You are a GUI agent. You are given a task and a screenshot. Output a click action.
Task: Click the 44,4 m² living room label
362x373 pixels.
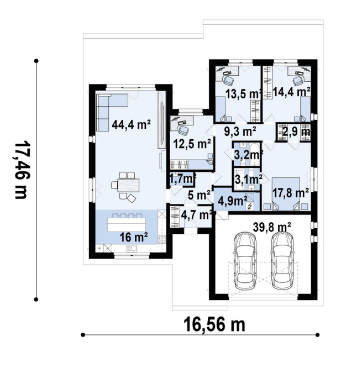[131, 124]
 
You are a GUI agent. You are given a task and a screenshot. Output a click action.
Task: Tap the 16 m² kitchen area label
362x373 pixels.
[134, 237]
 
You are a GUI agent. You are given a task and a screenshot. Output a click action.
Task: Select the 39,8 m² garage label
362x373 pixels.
[272, 227]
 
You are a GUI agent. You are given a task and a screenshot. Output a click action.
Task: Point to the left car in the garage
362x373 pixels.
[245, 260]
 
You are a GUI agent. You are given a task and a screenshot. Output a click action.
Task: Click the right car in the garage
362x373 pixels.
[282, 260]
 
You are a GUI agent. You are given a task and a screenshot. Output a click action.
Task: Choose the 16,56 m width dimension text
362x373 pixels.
[214, 325]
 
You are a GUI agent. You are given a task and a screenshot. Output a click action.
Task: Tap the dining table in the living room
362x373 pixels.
[125, 185]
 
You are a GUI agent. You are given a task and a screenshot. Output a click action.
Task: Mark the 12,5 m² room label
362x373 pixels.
[192, 144]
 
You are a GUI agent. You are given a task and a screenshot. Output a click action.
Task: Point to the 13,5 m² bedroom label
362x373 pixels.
[243, 94]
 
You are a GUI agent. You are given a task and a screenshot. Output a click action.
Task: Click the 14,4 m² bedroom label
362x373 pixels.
[291, 91]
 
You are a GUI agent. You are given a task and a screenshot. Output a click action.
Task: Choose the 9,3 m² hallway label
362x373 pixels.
[240, 132]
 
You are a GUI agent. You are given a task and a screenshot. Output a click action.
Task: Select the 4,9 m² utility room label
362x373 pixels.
[233, 201]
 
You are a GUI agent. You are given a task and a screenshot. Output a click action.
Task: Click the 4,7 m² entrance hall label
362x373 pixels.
[196, 216]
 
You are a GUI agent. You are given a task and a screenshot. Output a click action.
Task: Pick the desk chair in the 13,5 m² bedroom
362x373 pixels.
[229, 80]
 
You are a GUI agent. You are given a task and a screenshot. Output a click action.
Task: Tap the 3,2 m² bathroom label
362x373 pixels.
[248, 155]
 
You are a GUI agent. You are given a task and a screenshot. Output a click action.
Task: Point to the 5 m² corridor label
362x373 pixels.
[199, 195]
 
